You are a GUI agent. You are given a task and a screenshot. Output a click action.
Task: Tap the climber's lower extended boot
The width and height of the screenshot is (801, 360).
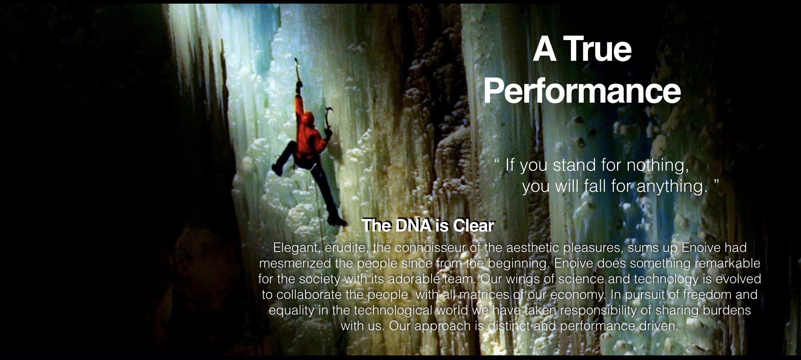pyautogui.click(x=336, y=220)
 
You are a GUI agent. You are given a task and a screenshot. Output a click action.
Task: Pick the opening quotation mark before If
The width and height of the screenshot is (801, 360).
pyautogui.click(x=497, y=161)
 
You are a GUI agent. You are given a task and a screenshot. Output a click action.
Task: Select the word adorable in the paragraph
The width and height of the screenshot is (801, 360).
pyautogui.click(x=414, y=279)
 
